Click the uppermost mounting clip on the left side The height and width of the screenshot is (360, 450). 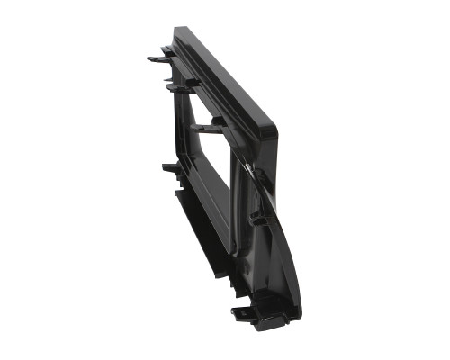point(158,58)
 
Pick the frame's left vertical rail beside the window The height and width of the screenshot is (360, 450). point(185,135)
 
